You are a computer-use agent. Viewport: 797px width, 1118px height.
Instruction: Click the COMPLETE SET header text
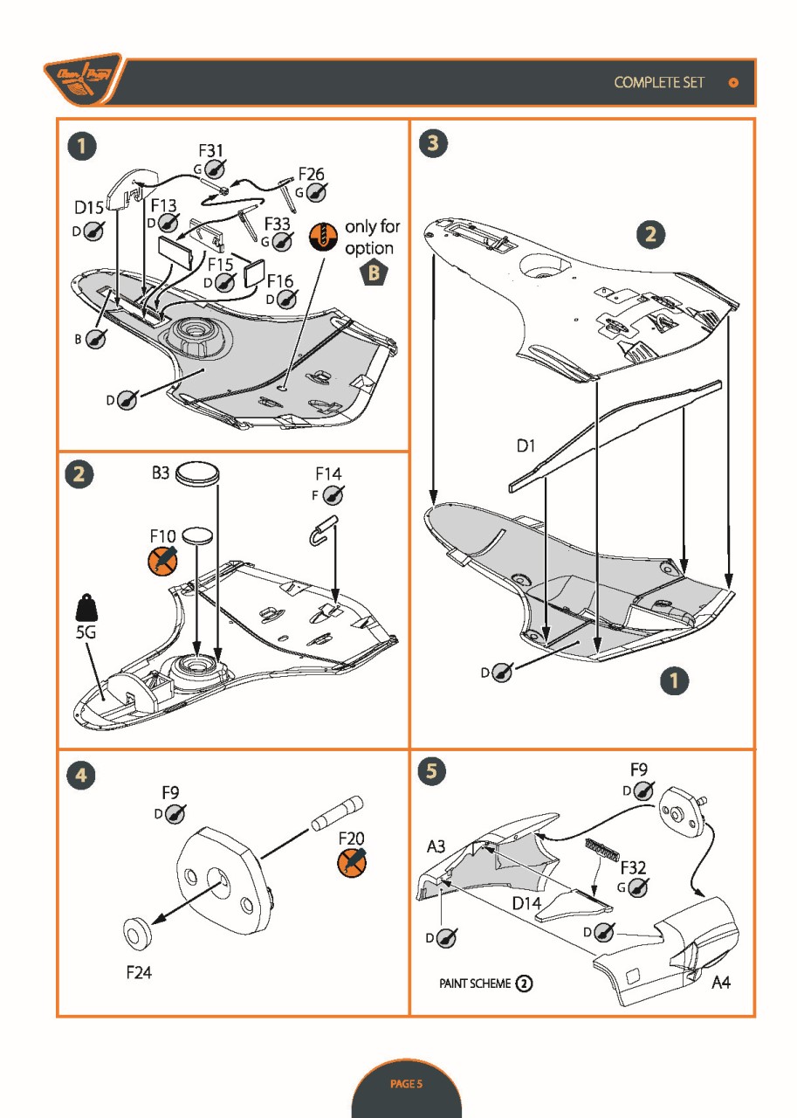tap(659, 82)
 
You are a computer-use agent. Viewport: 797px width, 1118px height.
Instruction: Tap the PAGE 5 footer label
tap(406, 1084)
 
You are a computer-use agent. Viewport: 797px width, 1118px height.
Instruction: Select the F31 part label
tap(211, 152)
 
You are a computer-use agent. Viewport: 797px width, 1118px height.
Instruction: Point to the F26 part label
tap(312, 175)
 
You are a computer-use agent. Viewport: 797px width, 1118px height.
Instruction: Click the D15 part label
tap(89, 209)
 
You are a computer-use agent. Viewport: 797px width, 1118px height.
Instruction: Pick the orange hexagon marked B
tap(374, 273)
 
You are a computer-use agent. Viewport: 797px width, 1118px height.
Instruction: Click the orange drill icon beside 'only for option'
tap(325, 237)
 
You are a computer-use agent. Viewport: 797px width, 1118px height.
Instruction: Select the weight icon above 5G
tap(86, 607)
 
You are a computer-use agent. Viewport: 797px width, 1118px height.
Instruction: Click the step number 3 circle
tap(432, 145)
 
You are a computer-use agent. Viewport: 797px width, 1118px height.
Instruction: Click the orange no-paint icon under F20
tap(352, 862)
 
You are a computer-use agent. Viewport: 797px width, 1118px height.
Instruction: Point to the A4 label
tap(721, 983)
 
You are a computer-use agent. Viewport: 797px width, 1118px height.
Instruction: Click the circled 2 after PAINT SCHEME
tap(524, 983)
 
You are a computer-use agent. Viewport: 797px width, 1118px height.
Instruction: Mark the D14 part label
tap(526, 903)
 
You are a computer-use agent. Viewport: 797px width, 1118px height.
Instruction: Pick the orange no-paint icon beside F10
tap(162, 560)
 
